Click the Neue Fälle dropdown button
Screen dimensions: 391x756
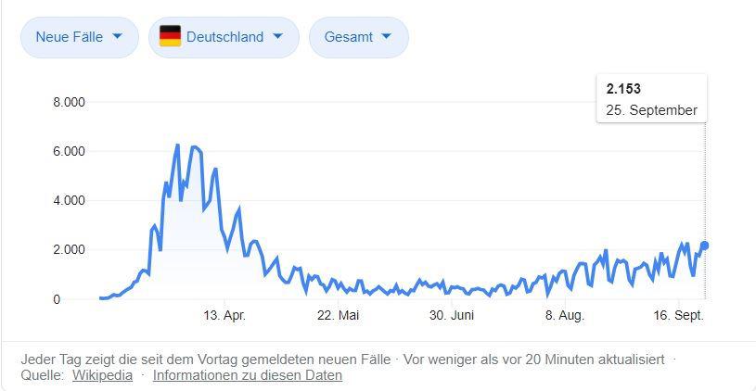(79, 37)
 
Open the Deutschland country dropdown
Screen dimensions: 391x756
(224, 37)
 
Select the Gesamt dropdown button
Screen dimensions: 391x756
(358, 37)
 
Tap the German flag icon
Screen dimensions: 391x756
(170, 37)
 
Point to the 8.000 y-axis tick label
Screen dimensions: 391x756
(70, 101)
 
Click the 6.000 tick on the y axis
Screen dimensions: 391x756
(70, 151)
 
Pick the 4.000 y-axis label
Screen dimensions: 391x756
(70, 200)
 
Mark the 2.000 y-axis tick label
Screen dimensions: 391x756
(70, 249)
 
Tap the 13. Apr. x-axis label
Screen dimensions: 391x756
(224, 316)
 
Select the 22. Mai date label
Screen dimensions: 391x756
(338, 316)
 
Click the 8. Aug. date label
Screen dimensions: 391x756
(564, 316)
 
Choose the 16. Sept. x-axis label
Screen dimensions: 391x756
(678, 316)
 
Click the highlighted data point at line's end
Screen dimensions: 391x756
(705, 246)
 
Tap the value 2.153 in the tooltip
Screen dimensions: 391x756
(623, 89)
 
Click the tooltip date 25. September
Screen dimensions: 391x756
(651, 110)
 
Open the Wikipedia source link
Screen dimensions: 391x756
(102, 375)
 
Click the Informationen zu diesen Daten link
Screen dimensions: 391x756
(248, 375)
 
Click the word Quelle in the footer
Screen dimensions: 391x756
(42, 375)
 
